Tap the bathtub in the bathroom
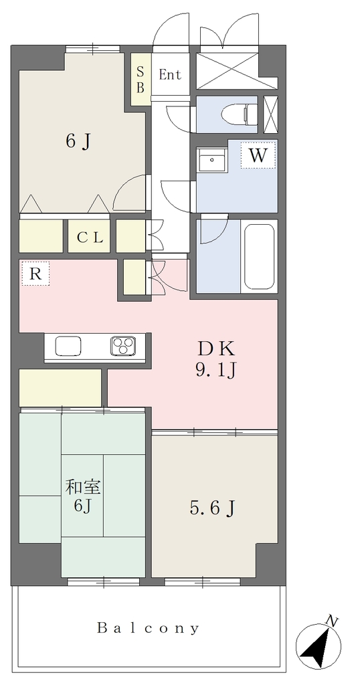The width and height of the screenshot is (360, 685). [260, 256]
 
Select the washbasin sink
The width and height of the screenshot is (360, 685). [212, 160]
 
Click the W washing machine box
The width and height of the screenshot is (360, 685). [258, 155]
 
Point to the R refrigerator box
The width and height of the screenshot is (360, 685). [35, 274]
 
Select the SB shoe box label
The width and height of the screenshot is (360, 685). [141, 80]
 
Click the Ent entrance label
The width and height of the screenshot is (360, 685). [169, 75]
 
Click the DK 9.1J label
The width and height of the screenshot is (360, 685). [216, 359]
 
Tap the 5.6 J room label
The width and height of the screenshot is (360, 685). [213, 508]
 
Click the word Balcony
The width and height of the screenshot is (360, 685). [148, 628]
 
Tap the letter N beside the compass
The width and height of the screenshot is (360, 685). [333, 620]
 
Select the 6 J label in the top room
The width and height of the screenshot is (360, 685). [79, 141]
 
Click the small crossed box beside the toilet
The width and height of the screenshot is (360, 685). [271, 114]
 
